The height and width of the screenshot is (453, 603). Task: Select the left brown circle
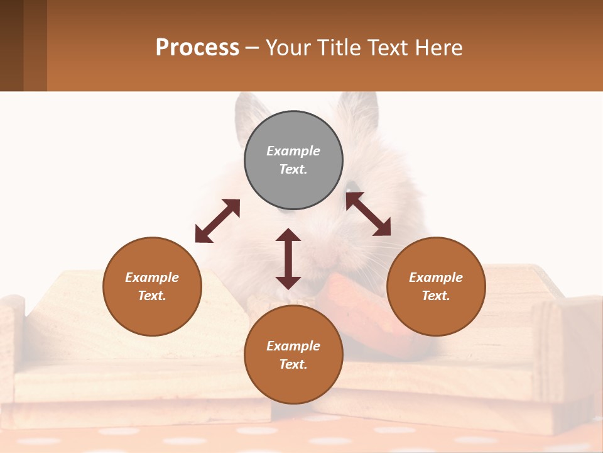pyautogui.click(x=152, y=286)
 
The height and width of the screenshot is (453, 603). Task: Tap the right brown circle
pyautogui.click(x=436, y=286)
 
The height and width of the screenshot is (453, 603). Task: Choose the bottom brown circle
pyautogui.click(x=293, y=355)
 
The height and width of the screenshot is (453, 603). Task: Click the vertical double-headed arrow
pyautogui.click(x=288, y=259)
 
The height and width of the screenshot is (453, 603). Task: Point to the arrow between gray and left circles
pyautogui.click(x=217, y=221)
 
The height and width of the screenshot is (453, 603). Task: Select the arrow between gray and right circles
pyautogui.click(x=368, y=214)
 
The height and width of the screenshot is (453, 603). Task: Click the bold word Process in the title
pyautogui.click(x=197, y=48)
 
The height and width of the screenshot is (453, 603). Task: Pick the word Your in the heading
pyautogui.click(x=288, y=48)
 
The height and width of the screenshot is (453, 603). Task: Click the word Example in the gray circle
pyautogui.click(x=293, y=151)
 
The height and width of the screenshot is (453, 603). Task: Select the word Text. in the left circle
pyautogui.click(x=152, y=296)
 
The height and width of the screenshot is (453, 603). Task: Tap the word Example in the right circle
pyautogui.click(x=436, y=277)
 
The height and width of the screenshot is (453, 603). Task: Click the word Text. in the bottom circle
pyautogui.click(x=293, y=364)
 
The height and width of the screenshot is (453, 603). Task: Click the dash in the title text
pyautogui.click(x=253, y=48)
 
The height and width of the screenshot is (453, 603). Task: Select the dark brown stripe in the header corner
pyautogui.click(x=11, y=45)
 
